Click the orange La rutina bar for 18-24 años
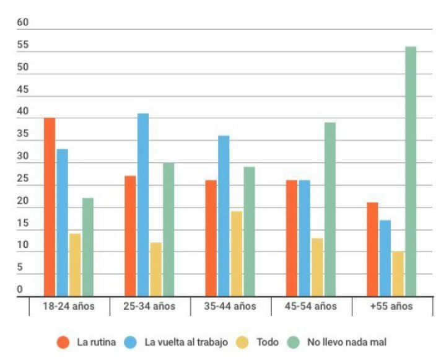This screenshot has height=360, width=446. click(50, 207)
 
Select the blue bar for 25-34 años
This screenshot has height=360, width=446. click(143, 204)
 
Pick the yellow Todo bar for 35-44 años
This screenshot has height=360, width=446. click(237, 254)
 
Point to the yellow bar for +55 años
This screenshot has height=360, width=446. click(398, 274)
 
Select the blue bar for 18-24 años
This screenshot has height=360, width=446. click(63, 222)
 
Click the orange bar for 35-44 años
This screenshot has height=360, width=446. click(211, 238)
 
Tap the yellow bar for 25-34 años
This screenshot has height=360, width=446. click(155, 270)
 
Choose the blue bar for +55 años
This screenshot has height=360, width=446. click(385, 258)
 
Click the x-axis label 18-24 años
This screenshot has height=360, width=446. click(69, 306)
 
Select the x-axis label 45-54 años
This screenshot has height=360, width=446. click(311, 306)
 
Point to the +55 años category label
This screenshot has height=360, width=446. click(391, 306)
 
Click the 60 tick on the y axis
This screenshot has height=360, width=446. click(23, 23)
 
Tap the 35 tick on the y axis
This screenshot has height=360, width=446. click(23, 134)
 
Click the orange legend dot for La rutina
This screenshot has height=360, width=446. click(63, 342)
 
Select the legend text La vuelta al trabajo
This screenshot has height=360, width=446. click(186, 342)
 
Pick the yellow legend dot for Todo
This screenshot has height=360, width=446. click(243, 342)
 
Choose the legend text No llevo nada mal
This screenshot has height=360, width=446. click(347, 342)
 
